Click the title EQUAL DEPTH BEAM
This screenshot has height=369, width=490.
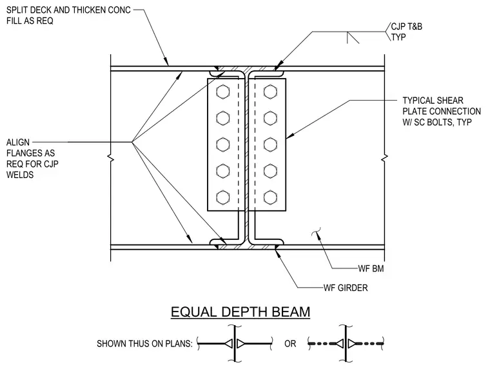240,312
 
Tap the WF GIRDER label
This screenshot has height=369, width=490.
346,288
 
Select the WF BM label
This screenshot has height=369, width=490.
371,268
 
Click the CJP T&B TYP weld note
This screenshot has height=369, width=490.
407,32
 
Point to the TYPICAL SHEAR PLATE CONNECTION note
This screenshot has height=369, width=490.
442,112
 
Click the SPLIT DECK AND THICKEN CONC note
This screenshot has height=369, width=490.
68,15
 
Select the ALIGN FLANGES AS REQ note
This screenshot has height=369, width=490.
32,159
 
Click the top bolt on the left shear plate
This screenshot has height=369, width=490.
223,92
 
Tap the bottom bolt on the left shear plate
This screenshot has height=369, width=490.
223,197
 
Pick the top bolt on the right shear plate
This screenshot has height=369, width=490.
270,92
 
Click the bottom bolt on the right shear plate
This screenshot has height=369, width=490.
270,197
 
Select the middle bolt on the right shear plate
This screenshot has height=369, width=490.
270,145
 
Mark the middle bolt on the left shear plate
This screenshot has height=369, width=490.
223,145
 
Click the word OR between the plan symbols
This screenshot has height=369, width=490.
290,344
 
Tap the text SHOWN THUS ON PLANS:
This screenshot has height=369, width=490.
144,344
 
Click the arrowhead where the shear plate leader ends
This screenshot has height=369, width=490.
290,136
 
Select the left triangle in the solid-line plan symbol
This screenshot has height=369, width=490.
229,344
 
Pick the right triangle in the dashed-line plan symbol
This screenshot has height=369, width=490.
352,344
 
